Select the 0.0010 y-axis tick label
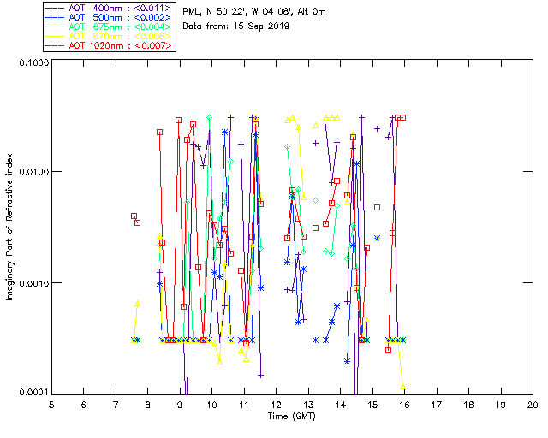[32, 283]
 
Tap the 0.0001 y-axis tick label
[32, 393]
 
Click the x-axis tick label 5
[51, 404]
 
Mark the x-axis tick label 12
[276, 404]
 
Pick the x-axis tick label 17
[436, 404]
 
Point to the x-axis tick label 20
[532, 404]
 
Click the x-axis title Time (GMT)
[291, 416]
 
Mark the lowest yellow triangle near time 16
[402, 387]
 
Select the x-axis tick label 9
[180, 404]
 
